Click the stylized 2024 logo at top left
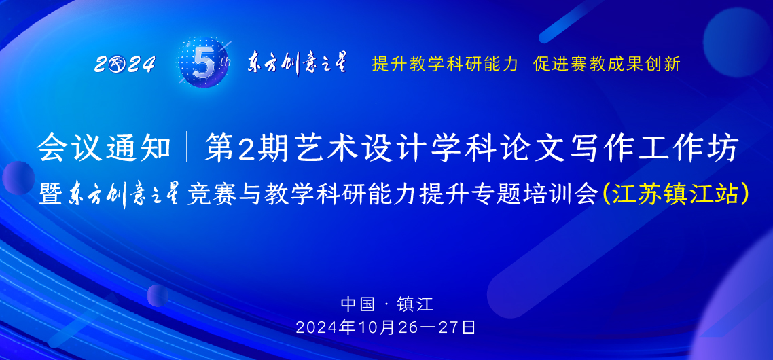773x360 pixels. coord(125,65)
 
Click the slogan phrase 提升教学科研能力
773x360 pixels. coord(445,65)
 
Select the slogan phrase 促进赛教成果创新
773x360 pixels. coord(607,65)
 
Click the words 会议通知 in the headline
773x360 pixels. coord(104,149)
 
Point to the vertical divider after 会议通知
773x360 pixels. coord(187,149)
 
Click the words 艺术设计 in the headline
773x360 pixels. coord(336,149)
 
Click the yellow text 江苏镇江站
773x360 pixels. coord(675,194)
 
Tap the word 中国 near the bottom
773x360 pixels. coord(358,303)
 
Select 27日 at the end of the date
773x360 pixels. coord(457,327)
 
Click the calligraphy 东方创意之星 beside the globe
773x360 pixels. coord(297,63)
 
